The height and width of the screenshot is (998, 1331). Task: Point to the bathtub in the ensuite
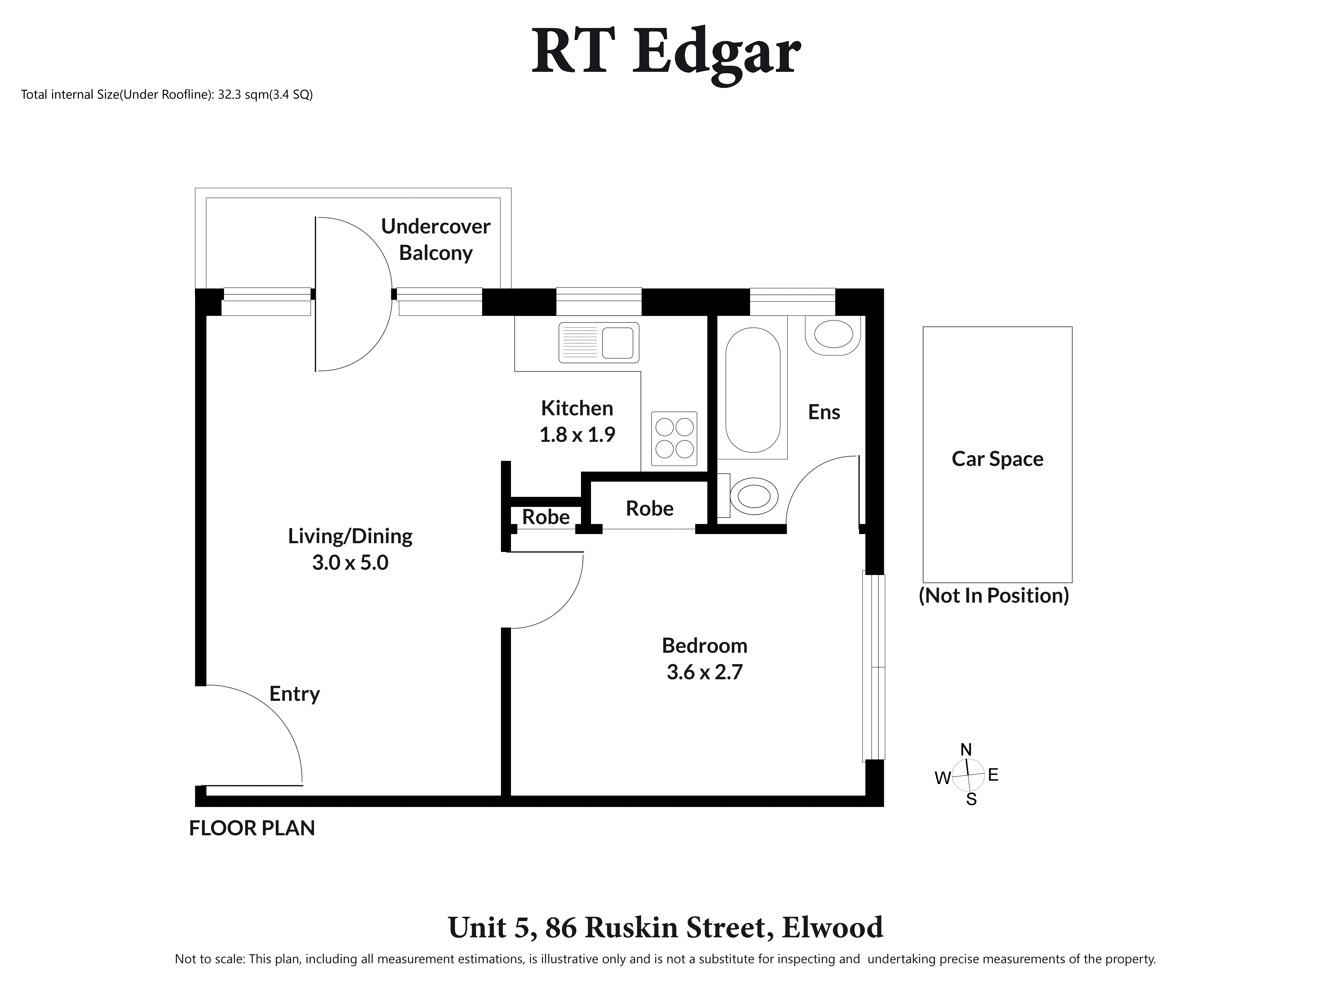click(753, 390)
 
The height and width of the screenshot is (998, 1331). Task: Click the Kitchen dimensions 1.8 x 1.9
click(577, 434)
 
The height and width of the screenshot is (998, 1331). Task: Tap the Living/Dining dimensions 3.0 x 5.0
click(350, 562)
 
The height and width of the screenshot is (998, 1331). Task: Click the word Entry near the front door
click(294, 694)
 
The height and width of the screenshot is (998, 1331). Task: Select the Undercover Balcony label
click(436, 239)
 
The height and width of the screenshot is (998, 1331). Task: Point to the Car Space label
click(997, 459)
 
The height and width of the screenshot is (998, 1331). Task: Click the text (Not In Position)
click(993, 596)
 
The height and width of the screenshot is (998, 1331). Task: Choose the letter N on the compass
click(966, 750)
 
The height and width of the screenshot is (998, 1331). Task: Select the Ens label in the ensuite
click(824, 412)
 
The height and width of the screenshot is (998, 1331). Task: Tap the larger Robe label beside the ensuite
click(649, 508)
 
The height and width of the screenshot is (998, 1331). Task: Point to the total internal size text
click(167, 94)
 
